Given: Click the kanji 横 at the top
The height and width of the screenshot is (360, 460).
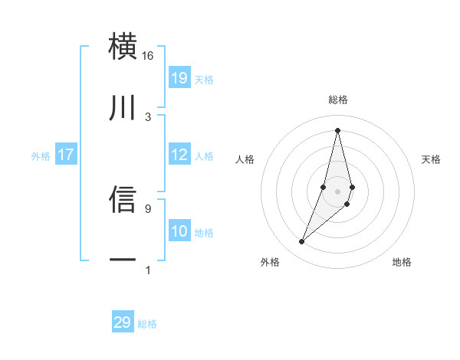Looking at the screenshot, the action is (x=123, y=47).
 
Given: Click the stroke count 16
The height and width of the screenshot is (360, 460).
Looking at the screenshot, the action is (x=148, y=56).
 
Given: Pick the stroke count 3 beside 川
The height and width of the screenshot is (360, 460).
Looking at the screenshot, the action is (x=148, y=116).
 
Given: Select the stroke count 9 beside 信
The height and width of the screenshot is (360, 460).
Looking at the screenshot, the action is (x=148, y=208).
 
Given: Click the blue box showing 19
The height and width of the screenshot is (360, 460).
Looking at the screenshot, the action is (x=179, y=78).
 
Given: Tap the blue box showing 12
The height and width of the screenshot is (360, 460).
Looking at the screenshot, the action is (x=179, y=155).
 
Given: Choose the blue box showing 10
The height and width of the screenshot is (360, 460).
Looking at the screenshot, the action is (x=179, y=231).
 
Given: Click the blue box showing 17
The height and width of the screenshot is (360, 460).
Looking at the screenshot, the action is (x=66, y=155).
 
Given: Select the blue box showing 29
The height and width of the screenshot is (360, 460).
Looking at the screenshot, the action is (x=123, y=322).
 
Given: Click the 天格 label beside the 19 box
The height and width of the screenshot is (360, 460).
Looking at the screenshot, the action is (x=204, y=80).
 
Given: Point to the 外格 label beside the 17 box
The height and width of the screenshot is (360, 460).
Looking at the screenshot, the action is (x=41, y=156).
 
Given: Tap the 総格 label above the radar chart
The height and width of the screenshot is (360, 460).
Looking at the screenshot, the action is (x=338, y=100).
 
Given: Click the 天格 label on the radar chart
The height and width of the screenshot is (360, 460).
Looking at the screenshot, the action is (x=432, y=159).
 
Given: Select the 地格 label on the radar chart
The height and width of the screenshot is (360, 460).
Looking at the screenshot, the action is (x=402, y=262).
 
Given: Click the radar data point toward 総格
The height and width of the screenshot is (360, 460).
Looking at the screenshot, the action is (x=338, y=129).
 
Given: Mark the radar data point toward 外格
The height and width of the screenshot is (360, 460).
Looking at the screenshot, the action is (x=301, y=242).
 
